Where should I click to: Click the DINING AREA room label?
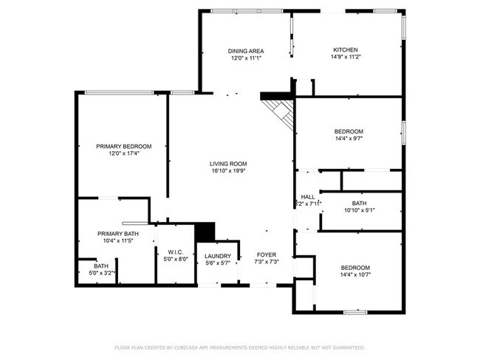click(245, 50)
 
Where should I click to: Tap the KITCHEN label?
click(346, 50)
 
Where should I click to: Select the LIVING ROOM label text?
click(227, 164)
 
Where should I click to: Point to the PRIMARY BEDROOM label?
click(123, 146)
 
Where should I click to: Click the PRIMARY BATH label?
click(117, 234)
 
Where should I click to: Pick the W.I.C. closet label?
click(175, 252)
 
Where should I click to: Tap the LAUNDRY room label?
click(218, 256)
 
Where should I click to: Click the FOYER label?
click(267, 255)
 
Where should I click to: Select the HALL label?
click(308, 197)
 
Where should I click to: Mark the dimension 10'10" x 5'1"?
click(359, 210)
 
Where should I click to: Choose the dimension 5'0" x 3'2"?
click(101, 273)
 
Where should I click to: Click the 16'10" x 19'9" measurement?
click(227, 170)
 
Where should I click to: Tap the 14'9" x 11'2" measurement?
click(346, 57)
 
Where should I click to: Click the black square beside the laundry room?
click(204, 230)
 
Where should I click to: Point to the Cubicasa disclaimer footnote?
click(239, 347)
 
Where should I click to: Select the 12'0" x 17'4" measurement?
click(123, 153)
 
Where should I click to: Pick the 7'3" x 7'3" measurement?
click(267, 261)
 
